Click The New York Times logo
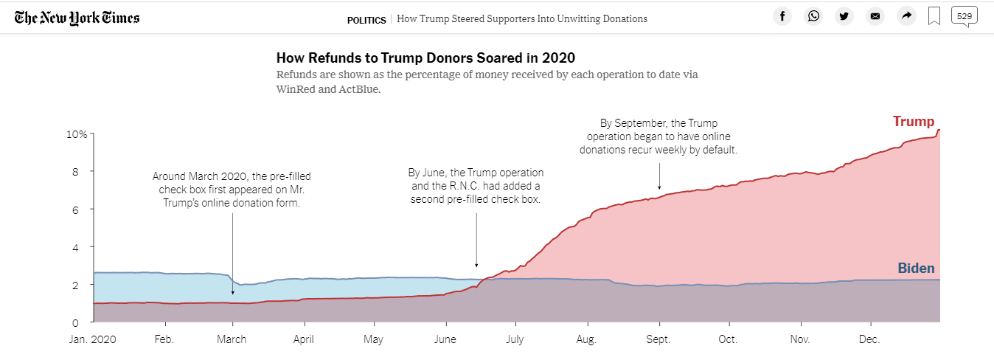[77, 18]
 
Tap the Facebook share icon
[782, 16]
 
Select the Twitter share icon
[844, 16]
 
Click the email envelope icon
[875, 16]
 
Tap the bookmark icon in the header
[934, 16]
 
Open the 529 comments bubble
[964, 15]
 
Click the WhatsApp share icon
[813, 16]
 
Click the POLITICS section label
[366, 19]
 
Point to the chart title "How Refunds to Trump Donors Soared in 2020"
[425, 58]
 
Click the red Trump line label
[913, 122]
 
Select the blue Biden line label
[916, 269]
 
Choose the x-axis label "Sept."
[658, 340]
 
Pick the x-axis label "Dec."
[869, 340]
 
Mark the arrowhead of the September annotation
[659, 187]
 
